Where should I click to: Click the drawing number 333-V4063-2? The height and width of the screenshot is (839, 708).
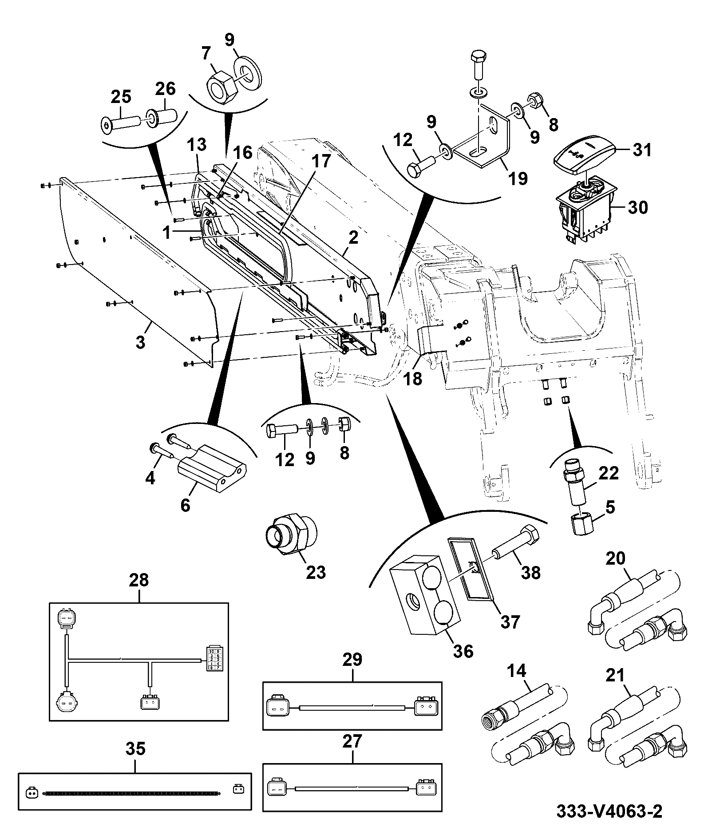pyautogui.click(x=609, y=811)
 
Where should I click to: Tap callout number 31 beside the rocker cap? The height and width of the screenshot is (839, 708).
pyautogui.click(x=642, y=150)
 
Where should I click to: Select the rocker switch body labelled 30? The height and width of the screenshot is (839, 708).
pyautogui.click(x=584, y=210)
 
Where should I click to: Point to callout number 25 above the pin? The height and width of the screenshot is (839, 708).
pyautogui.click(x=121, y=97)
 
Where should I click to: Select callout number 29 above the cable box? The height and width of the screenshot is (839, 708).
pyautogui.click(x=352, y=659)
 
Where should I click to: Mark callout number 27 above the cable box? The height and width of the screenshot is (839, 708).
pyautogui.click(x=352, y=741)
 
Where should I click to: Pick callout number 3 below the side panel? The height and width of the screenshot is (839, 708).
pyautogui.click(x=140, y=343)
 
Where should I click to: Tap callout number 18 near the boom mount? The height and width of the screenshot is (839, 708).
pyautogui.click(x=412, y=379)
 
